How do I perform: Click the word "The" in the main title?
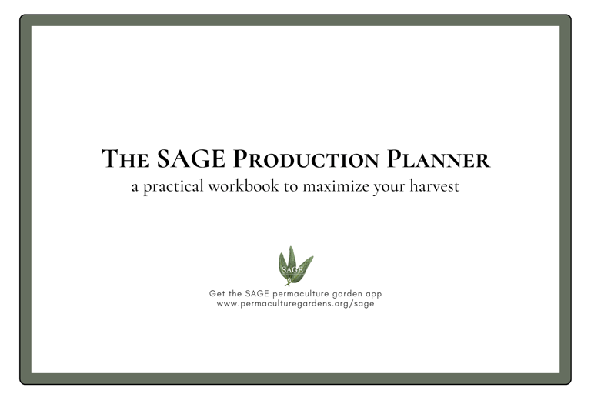pos(125,159)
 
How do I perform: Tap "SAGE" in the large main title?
pos(191,159)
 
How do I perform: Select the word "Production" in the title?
pos(306,159)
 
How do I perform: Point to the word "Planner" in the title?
pos(439,159)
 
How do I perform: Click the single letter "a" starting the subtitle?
pos(135,187)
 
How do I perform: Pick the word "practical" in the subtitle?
pos(173,187)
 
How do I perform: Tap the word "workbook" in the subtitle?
pos(243,186)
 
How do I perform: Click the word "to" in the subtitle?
pos(291,187)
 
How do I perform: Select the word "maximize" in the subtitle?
pos(336,186)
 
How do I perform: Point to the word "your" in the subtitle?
pos(389,188)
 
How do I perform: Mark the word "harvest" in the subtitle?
pos(435,186)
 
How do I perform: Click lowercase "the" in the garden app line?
pos(235,293)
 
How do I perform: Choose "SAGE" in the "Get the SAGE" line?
pos(257,293)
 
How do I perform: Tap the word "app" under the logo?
pos(373,295)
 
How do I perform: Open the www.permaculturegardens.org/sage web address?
pos(295,304)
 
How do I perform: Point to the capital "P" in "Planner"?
pos(392,159)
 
